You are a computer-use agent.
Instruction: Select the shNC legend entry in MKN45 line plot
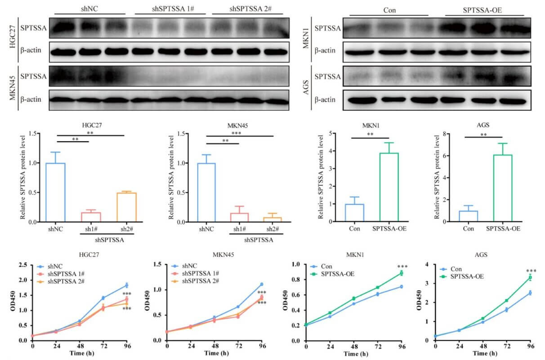point(194,266)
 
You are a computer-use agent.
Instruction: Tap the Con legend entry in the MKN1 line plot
point(327,267)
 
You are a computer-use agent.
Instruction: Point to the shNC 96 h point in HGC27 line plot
point(127,285)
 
